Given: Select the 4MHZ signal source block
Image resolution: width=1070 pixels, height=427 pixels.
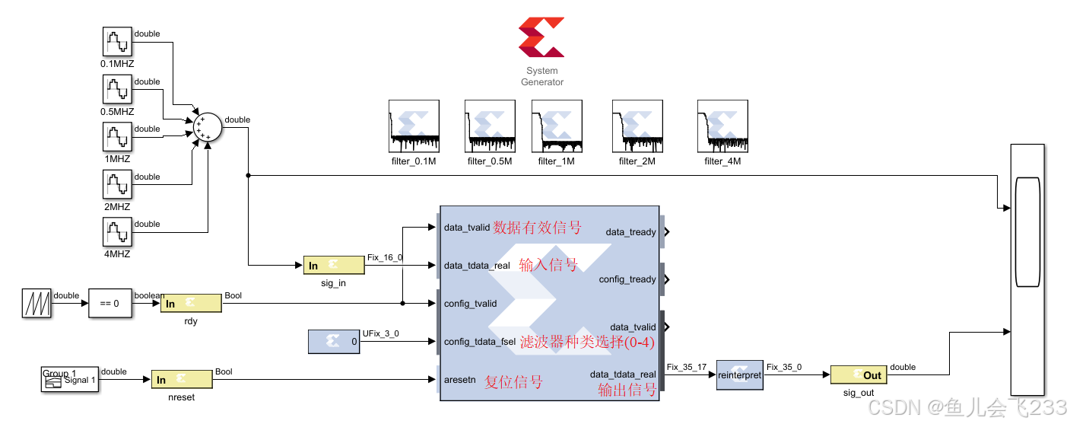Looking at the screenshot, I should [117, 232].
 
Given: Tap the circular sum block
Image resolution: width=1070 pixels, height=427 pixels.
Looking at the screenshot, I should [205, 126].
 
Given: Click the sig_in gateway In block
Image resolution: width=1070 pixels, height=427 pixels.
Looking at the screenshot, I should [333, 265].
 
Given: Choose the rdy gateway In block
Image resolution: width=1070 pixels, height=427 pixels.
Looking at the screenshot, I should [191, 304].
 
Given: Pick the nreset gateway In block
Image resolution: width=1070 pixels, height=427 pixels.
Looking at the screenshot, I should [182, 380].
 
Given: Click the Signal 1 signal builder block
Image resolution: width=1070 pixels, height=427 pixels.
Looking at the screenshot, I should [69, 379].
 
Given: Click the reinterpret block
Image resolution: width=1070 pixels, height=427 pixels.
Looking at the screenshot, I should [739, 375].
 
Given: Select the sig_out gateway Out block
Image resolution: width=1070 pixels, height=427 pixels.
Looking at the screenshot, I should [858, 375].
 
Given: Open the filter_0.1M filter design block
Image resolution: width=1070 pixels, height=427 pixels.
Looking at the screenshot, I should [414, 126].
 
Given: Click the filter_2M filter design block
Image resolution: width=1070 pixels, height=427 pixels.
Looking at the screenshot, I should [637, 126].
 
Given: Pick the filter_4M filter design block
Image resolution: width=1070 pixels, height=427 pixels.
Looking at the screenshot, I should [722, 126].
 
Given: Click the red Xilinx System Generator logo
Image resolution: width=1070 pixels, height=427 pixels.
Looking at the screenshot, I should [541, 37].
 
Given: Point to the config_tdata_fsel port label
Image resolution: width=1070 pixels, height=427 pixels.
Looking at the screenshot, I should [480, 342].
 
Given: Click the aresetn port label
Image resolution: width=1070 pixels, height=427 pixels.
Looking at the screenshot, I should [460, 379].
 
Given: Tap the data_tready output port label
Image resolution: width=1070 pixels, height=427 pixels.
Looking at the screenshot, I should [630, 232].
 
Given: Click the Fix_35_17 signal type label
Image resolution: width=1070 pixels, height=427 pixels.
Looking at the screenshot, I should [687, 367].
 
